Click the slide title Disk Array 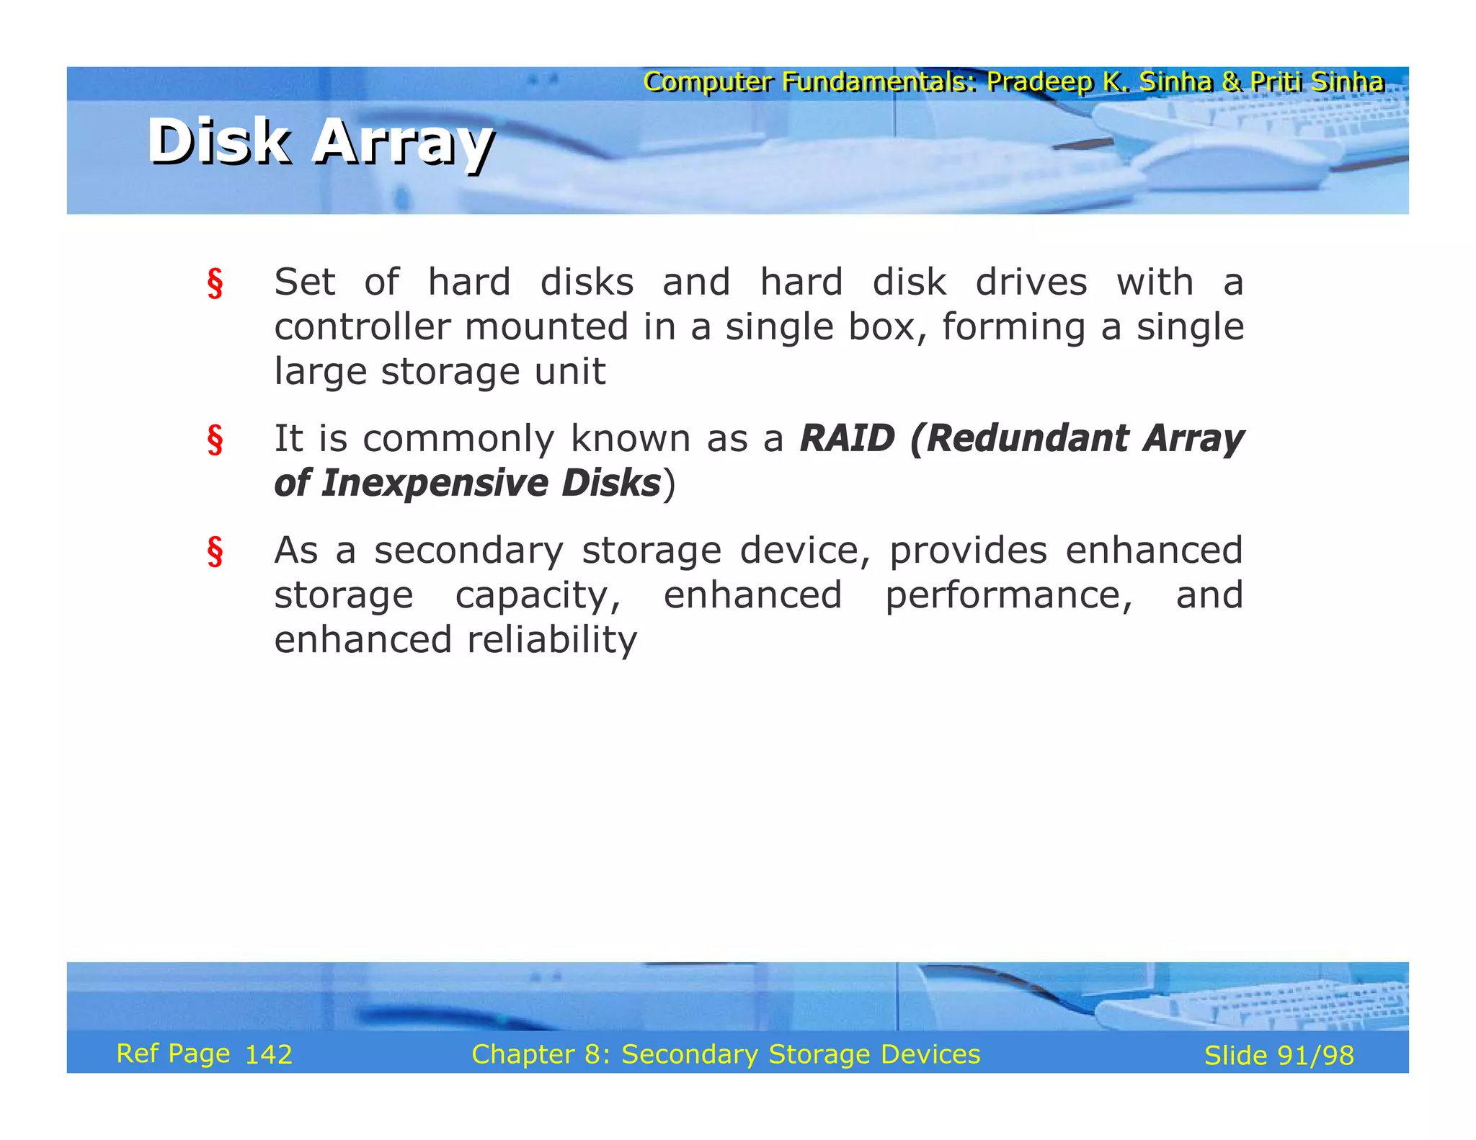[x=321, y=142]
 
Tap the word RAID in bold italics [x=847, y=438]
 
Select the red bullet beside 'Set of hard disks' [x=215, y=283]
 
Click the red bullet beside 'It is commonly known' [x=215, y=440]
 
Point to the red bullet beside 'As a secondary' [x=215, y=552]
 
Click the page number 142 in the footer [x=268, y=1055]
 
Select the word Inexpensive [x=434, y=483]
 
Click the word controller [x=362, y=327]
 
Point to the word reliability [x=552, y=640]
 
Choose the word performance [x=1008, y=595]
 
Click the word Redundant [x=1028, y=438]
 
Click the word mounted [x=546, y=327]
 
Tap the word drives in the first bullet [x=1031, y=282]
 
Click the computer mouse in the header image [x=1232, y=162]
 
